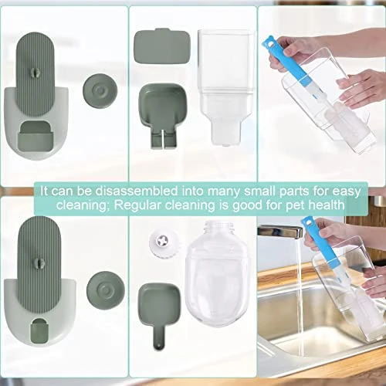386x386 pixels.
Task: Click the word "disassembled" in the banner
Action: click(137, 191)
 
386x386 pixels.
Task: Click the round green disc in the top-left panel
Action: click(100, 90)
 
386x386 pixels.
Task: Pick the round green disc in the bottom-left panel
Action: click(106, 290)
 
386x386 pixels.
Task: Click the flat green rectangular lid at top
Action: click(162, 46)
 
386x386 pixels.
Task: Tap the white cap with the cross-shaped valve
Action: click(162, 242)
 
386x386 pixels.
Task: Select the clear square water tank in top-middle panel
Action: click(226, 87)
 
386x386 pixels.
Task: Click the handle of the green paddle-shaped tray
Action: click(159, 337)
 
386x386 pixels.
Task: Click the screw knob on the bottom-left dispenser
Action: click(39, 262)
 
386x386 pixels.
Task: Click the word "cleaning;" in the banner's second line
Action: click(83, 206)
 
